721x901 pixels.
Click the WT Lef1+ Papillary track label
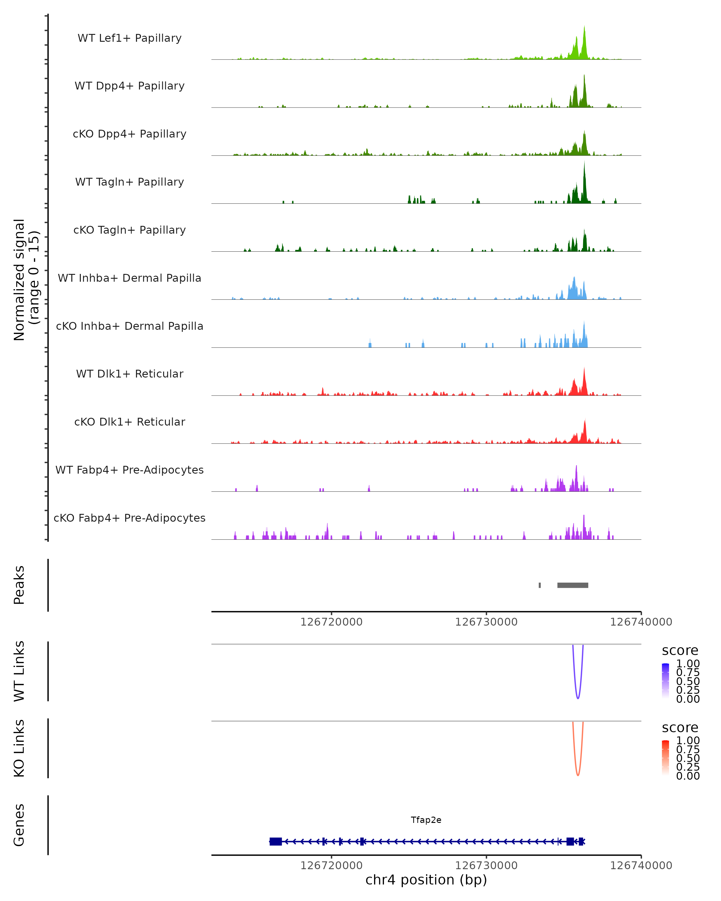point(129,38)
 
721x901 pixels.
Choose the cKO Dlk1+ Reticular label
point(129,422)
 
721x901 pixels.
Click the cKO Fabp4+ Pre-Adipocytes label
point(129,518)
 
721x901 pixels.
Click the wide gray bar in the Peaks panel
point(573,585)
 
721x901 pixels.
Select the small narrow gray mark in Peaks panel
point(540,585)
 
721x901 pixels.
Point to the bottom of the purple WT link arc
point(578,698)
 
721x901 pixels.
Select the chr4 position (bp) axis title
point(426,880)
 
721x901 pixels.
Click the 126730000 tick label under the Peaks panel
point(486,622)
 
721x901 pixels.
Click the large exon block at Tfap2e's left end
point(275,841)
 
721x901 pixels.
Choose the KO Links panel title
point(19,748)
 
